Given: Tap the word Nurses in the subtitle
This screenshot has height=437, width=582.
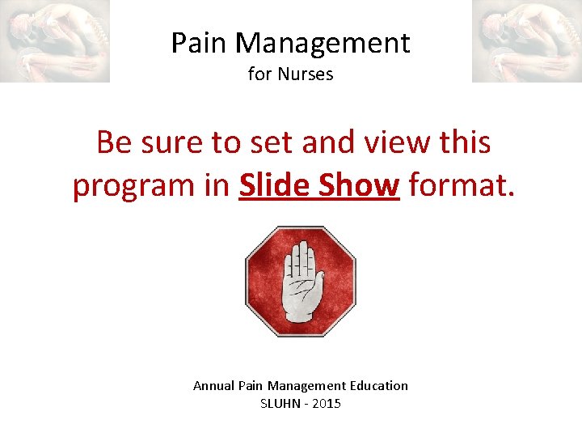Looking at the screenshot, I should click(306, 74).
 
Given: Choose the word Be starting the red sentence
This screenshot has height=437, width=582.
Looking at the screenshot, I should click(114, 142).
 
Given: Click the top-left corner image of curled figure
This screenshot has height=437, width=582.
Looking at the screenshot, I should click(55, 40).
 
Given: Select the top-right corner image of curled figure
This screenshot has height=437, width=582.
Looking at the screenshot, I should click(526, 40).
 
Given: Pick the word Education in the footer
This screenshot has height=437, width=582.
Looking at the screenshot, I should click(379, 386).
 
